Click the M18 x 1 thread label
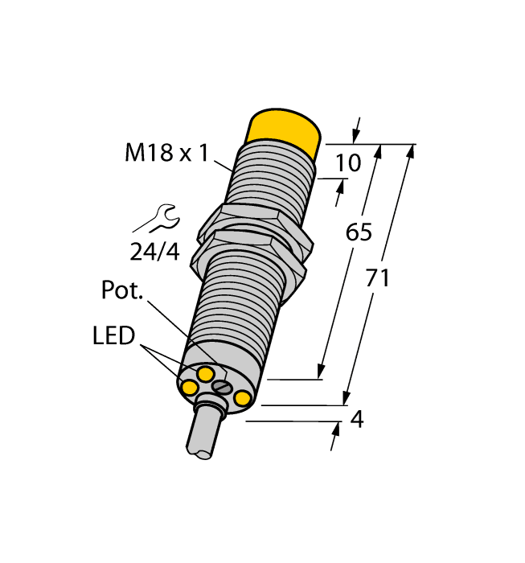tap(166, 152)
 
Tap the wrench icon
tap(156, 220)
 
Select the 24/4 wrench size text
tap(154, 252)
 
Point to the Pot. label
tap(122, 290)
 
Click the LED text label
tap(113, 335)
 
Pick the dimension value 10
tap(347, 163)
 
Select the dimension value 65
tap(359, 232)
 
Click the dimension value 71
tap(377, 278)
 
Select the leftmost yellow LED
tap(190, 389)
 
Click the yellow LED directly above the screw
tap(207, 373)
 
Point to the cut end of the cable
tap(203, 453)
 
